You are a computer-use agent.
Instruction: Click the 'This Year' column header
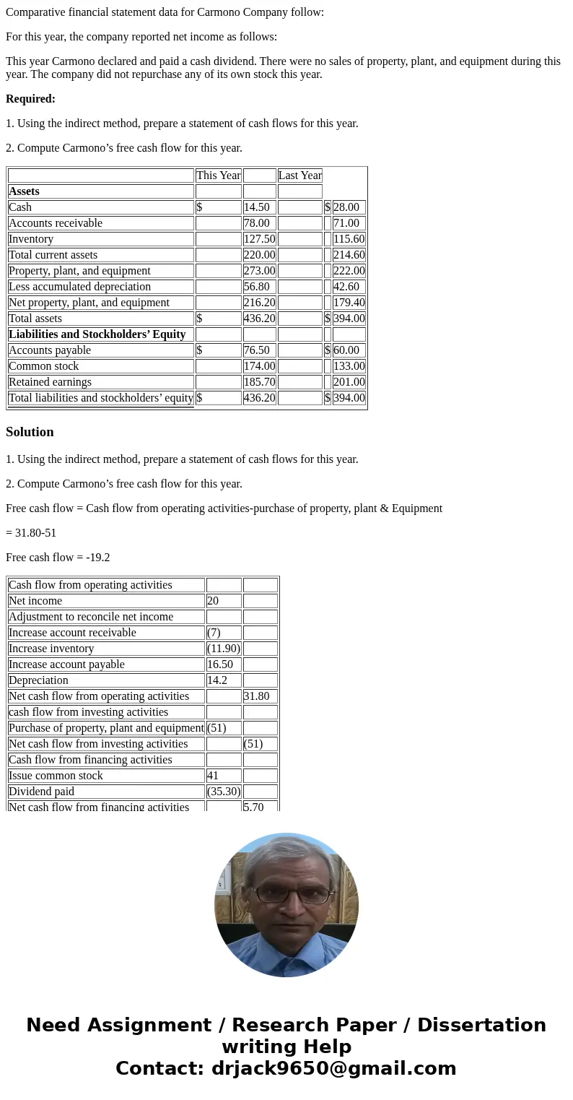click(x=218, y=176)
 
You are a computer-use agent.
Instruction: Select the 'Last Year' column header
click(x=299, y=176)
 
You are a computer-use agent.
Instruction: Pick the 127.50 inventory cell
click(x=259, y=239)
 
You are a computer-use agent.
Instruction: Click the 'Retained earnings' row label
click(x=51, y=382)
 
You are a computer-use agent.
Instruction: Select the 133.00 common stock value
click(x=349, y=366)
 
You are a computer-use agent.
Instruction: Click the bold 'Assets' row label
click(x=25, y=191)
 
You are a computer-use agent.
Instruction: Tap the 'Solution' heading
click(x=30, y=432)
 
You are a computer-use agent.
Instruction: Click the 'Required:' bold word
click(x=30, y=99)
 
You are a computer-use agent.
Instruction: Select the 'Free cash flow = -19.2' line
click(x=58, y=558)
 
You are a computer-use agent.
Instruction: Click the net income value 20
click(x=213, y=601)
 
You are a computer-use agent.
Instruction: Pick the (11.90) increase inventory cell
click(x=224, y=649)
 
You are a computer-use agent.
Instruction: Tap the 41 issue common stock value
click(x=214, y=776)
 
